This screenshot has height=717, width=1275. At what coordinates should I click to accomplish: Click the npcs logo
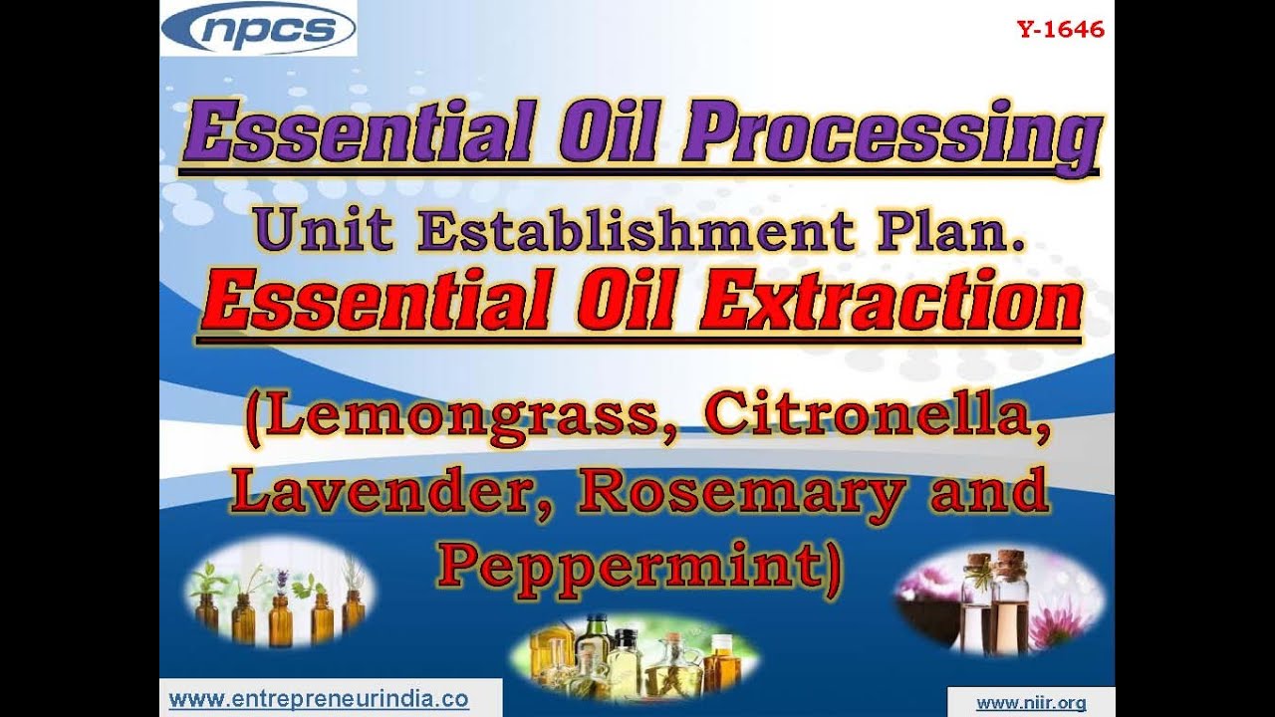click(257, 29)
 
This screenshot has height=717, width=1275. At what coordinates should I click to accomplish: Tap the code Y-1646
click(1060, 30)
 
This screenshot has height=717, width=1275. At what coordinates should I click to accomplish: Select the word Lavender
click(393, 494)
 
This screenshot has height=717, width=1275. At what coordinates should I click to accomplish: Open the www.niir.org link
click(1031, 702)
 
